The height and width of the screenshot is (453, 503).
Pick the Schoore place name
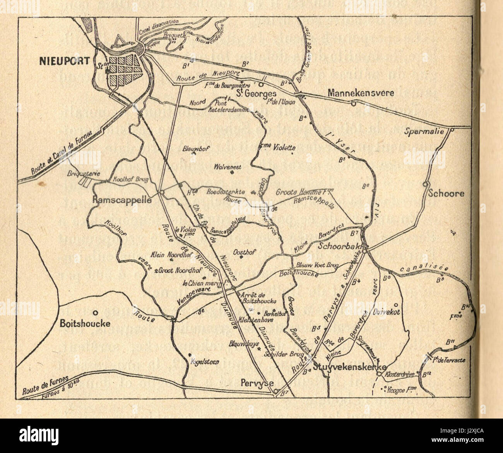(x=445, y=193)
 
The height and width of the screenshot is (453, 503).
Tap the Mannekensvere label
(x=360, y=93)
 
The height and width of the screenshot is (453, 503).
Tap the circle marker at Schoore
(x=425, y=184)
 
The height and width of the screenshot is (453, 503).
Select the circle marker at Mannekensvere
(x=353, y=103)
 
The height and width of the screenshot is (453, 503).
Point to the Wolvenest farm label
(x=228, y=167)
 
